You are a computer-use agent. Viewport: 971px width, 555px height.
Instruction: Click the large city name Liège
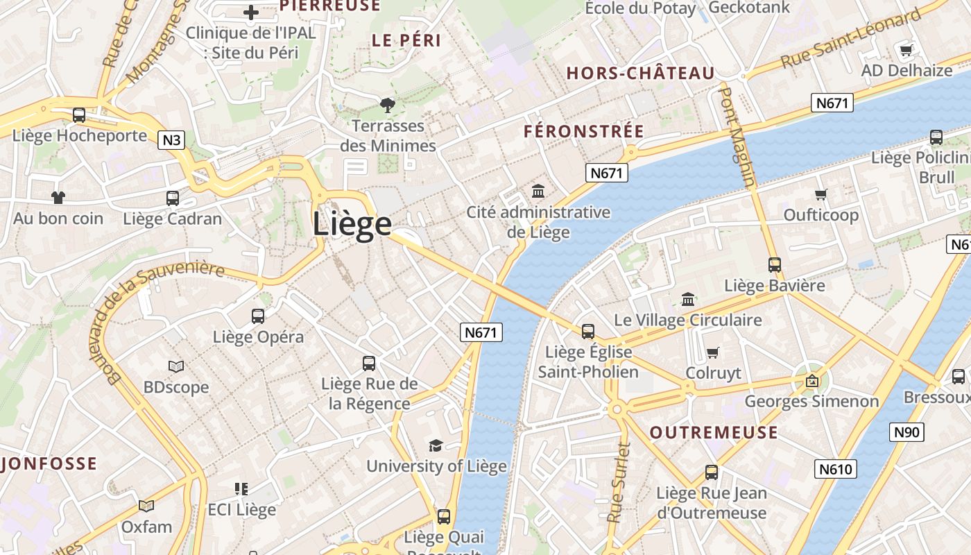[x=352, y=224]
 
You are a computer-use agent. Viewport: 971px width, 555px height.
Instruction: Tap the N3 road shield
[x=171, y=140]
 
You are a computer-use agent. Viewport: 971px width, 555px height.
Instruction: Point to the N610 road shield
[x=835, y=469]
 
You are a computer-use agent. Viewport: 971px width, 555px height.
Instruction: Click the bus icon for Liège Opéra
[x=258, y=316]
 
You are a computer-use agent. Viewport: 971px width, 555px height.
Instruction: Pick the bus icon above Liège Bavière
[x=775, y=264]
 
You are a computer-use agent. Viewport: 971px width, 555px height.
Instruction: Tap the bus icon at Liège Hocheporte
[x=79, y=115]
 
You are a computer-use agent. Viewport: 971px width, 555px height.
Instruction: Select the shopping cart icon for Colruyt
[x=713, y=352]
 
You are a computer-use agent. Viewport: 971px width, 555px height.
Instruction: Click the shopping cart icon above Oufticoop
[x=821, y=194]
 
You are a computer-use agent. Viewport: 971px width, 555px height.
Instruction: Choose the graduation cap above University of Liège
[x=436, y=445]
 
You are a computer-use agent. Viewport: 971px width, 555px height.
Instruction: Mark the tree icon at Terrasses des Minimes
[x=388, y=105]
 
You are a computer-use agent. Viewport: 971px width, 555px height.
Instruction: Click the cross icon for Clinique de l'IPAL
[x=251, y=12]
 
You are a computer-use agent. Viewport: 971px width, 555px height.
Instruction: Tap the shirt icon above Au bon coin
[x=58, y=198]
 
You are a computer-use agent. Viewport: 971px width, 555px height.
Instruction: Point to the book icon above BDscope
[x=176, y=366]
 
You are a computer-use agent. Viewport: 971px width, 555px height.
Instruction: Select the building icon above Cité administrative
[x=538, y=191]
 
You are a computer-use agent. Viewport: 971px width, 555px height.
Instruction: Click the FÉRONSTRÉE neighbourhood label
[x=584, y=131]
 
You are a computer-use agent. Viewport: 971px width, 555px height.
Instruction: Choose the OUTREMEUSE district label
[x=714, y=433]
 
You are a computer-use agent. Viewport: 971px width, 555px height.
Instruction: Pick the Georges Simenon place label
[x=811, y=401]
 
